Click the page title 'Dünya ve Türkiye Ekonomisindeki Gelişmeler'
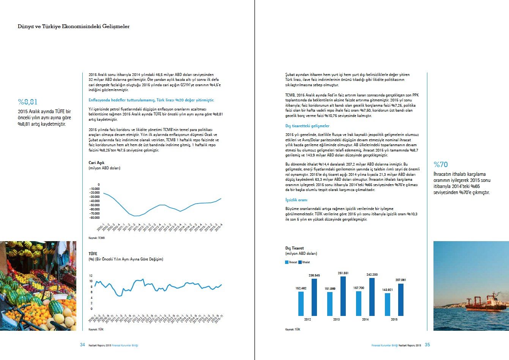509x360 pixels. tap(73, 27)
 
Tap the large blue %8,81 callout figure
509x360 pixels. tap(28, 102)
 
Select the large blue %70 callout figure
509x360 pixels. tap(441, 164)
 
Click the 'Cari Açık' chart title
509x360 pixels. tap(96, 163)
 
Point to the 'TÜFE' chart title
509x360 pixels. tap(93, 254)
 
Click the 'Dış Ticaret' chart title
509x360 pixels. tap(295, 248)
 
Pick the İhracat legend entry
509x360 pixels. tap(291, 262)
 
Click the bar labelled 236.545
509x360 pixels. tap(314, 297)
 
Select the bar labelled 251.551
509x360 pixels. tap(343, 296)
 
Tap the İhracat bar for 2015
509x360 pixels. tap(388, 304)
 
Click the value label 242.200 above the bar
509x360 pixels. tap(372, 275)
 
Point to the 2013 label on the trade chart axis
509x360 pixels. tap(336, 319)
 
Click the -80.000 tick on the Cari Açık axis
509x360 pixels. tap(94, 218)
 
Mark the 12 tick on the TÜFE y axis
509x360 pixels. tap(91, 276)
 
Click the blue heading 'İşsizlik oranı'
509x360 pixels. tap(296, 200)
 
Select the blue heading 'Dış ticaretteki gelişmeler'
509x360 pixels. tap(307, 126)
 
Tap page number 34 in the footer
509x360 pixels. tap(82, 345)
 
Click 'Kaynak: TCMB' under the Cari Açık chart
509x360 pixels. tap(96, 238)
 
